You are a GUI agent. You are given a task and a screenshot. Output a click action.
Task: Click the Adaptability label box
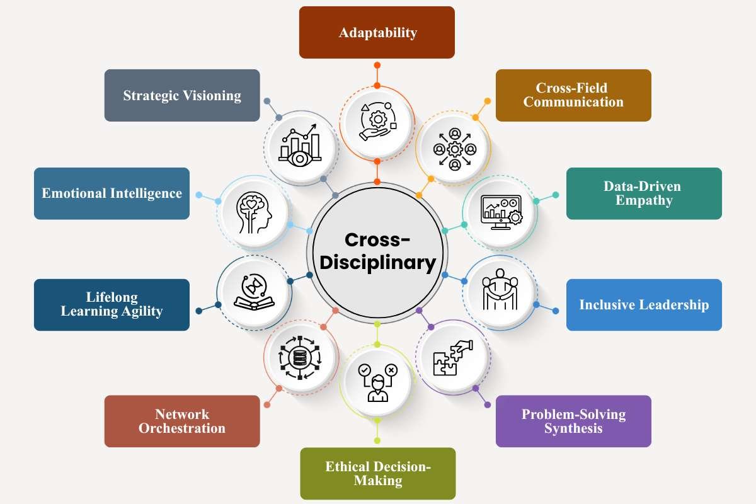[x=377, y=32]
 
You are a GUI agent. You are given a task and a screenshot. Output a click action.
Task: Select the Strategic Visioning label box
[x=182, y=95]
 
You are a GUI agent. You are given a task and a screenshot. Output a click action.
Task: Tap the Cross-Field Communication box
[x=573, y=95]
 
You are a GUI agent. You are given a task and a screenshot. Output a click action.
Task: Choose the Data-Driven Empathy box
[x=644, y=193]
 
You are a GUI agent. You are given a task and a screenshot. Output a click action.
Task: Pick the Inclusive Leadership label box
[x=644, y=305]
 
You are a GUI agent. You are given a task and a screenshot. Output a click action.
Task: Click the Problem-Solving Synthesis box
[x=573, y=421]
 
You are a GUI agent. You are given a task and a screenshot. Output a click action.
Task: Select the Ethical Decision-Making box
[x=377, y=473]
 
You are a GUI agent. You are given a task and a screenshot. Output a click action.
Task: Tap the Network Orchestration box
[x=182, y=421]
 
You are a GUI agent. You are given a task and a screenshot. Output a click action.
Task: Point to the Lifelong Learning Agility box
[x=112, y=305]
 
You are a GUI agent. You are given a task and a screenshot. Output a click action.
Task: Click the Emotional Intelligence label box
[x=112, y=193]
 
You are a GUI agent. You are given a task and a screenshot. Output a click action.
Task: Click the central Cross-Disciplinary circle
[x=377, y=251]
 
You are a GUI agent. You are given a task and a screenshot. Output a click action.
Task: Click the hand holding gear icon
[x=377, y=120]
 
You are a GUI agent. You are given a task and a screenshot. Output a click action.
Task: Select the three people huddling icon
[x=500, y=290]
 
